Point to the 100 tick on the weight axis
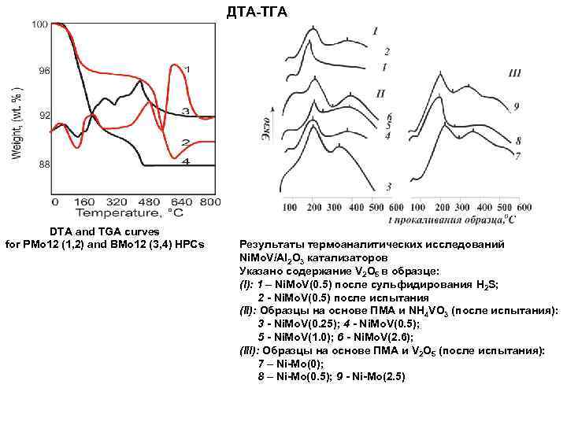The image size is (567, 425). coord(39,25)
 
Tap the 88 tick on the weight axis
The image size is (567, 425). coord(43,165)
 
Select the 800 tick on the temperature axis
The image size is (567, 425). coord(209,201)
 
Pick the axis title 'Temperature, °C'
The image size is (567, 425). coord(128,213)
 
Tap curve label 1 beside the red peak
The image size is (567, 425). coord(187,68)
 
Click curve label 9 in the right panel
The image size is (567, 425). coord(516,105)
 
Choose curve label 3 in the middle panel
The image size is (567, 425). coord(388,187)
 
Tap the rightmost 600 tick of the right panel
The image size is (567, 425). coord(524,207)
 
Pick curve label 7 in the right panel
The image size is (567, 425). coord(517,157)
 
